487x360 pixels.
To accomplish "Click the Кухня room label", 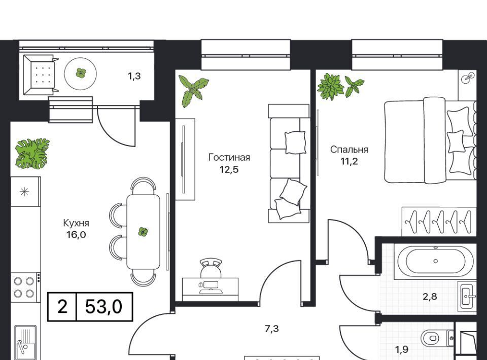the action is (x=76, y=223).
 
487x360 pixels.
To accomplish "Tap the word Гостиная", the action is (x=229, y=157).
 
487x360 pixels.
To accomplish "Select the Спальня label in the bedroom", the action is (x=349, y=150).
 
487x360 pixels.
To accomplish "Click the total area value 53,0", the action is (x=103, y=307).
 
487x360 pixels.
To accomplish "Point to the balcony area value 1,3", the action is (x=134, y=76).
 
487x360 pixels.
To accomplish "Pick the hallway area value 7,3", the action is (x=271, y=329).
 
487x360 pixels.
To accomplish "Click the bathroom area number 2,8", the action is (x=430, y=297).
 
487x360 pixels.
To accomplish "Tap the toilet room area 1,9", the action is (x=401, y=350).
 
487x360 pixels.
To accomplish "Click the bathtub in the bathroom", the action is (x=435, y=261).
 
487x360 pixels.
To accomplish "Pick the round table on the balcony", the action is (x=81, y=74).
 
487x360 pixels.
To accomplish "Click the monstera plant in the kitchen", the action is (x=32, y=153).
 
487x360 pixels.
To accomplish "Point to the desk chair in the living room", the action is (x=211, y=268).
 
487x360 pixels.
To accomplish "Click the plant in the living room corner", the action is (x=193, y=91).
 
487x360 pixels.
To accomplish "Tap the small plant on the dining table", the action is (x=143, y=232).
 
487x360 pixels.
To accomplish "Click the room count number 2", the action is (x=62, y=307).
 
